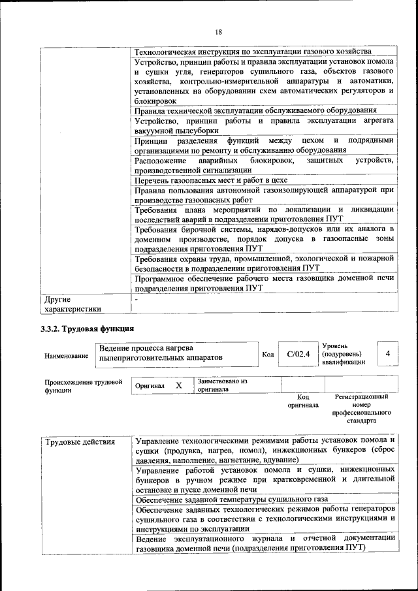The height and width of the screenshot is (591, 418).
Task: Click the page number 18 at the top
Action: pyautogui.click(x=218, y=31)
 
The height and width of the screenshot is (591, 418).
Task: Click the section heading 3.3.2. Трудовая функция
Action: pyautogui.click(x=88, y=328)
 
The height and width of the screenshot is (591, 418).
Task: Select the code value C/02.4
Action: pyautogui.click(x=298, y=354)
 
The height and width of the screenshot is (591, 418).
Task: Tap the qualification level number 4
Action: pyautogui.click(x=388, y=353)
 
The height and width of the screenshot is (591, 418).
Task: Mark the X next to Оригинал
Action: pyautogui.click(x=178, y=385)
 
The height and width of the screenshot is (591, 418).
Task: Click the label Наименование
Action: pyautogui.click(x=66, y=356)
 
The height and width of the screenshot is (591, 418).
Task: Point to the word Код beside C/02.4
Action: pyautogui.click(x=268, y=355)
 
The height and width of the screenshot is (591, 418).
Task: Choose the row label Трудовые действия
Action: pyautogui.click(x=80, y=442)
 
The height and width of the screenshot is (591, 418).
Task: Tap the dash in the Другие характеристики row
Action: pyautogui.click(x=136, y=299)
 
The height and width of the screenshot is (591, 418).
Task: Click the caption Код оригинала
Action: pyautogui.click(x=302, y=400)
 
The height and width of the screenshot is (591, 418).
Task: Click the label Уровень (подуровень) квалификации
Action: pyautogui.click(x=344, y=353)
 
